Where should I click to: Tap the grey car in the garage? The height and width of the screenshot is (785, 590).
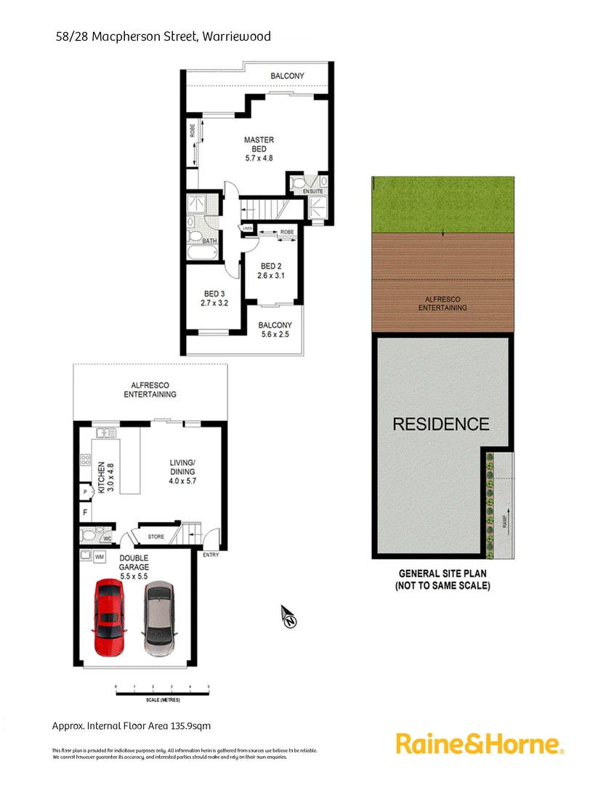(160, 617)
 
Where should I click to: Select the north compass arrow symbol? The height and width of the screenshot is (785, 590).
(289, 618)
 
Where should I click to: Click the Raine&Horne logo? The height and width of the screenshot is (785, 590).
(480, 744)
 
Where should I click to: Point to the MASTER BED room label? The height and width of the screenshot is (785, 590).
(259, 148)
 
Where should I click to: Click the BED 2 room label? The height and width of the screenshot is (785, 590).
(271, 270)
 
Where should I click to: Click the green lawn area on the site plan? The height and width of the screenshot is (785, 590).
(442, 204)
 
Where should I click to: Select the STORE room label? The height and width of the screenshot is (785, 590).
(155, 537)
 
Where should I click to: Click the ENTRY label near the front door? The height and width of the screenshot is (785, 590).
(211, 555)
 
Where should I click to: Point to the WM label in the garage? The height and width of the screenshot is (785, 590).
(100, 557)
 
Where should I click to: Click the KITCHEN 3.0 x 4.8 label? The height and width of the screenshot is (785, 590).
(107, 476)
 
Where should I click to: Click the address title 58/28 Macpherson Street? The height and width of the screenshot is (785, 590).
(163, 36)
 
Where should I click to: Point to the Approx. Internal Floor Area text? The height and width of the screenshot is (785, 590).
(132, 725)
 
